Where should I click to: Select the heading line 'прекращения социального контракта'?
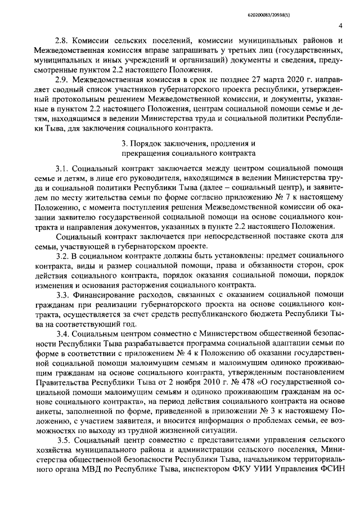[x=188, y=152]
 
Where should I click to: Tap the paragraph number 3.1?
[x=62, y=169]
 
